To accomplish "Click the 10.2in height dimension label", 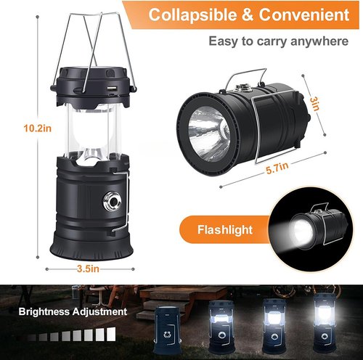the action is coord(38,128).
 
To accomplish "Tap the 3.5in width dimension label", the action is coord(88,269).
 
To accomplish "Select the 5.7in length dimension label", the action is coord(277,168).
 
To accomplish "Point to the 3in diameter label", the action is coord(314,104).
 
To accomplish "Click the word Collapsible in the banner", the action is coord(193,15).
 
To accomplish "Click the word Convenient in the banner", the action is coord(304,15).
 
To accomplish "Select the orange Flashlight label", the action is coord(225,229).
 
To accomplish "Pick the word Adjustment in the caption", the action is coord(99,311).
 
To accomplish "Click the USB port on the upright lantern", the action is coord(112,89).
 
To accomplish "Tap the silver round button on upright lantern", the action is coord(112,201).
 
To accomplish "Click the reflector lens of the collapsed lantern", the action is coord(209,134).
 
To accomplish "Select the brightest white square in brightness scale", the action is coord(111,334).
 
